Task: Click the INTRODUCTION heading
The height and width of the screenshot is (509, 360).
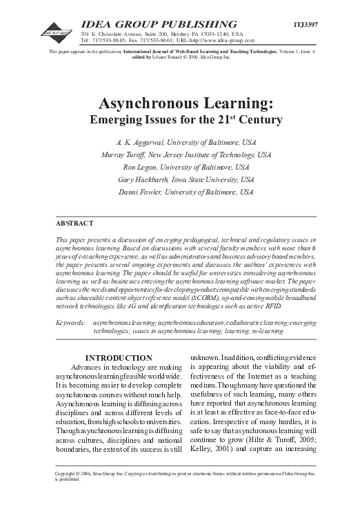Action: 118,358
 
